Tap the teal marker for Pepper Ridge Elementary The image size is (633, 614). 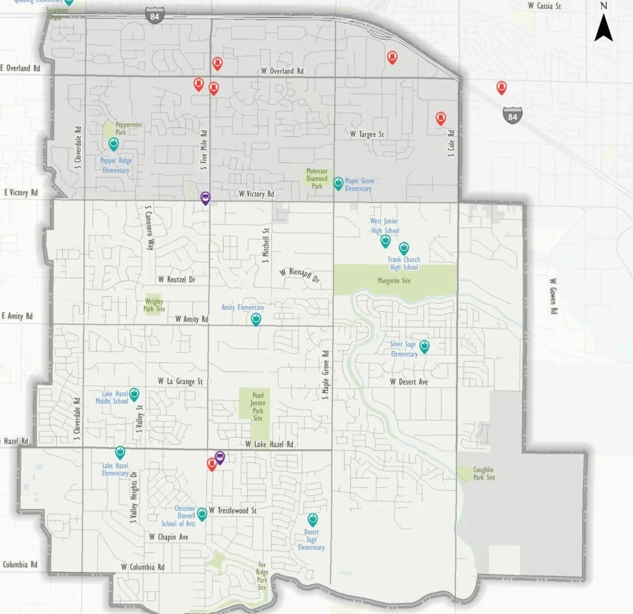pyautogui.click(x=114, y=144)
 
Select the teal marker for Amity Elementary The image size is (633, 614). pyautogui.click(x=256, y=319)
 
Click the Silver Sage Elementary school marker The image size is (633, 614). pyautogui.click(x=424, y=346)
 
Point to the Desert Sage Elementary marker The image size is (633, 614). pyautogui.click(x=313, y=519)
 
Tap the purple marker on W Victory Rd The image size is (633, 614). pyautogui.click(x=205, y=198)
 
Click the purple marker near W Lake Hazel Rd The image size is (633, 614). pyautogui.click(x=220, y=457)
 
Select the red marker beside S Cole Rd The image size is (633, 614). pyautogui.click(x=440, y=118)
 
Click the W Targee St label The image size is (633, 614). pyautogui.click(x=367, y=134)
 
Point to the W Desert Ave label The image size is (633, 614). pyautogui.click(x=409, y=382)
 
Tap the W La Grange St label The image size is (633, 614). pyautogui.click(x=180, y=381)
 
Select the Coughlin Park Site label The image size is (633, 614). pyautogui.click(x=483, y=473)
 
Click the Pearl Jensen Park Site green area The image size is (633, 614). pyautogui.click(x=257, y=405)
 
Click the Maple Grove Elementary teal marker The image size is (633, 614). pyautogui.click(x=338, y=183)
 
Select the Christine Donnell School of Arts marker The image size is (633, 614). pyautogui.click(x=201, y=513)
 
